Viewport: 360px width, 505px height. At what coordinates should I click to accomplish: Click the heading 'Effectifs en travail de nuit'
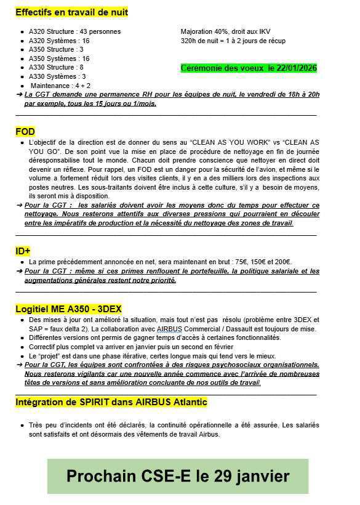tap(72, 12)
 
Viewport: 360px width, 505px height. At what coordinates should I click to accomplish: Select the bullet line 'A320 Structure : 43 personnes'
tap(74, 31)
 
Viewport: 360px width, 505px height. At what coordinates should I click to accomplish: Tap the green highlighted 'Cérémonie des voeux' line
tap(249, 68)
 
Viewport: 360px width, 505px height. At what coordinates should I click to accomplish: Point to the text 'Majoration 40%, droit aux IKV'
tap(225, 31)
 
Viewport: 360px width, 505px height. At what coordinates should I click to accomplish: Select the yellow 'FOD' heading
tap(25, 131)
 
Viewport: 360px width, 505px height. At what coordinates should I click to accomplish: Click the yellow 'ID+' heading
tap(23, 251)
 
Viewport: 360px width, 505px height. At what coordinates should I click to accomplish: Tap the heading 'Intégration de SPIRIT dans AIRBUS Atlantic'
tap(111, 402)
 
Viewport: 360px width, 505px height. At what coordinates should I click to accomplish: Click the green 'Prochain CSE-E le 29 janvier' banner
tap(178, 476)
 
